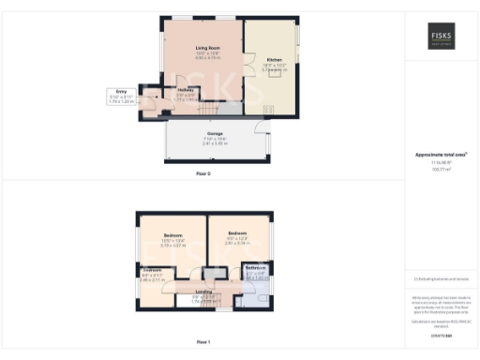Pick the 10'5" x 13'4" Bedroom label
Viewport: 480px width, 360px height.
[x=173, y=234]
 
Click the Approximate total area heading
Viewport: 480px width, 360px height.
[x=441, y=155]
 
